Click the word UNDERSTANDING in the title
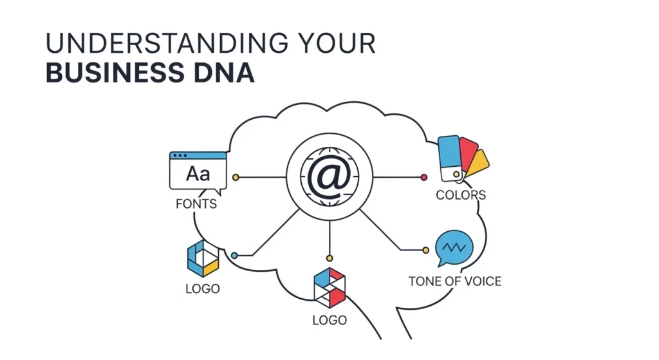(x=167, y=43)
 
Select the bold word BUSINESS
(x=115, y=72)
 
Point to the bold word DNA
(x=224, y=72)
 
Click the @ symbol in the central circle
(x=329, y=176)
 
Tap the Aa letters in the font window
(x=198, y=174)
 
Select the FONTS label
(x=196, y=204)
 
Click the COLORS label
(x=461, y=195)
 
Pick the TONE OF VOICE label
(x=455, y=281)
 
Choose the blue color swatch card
(x=450, y=158)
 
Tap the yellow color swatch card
(x=478, y=163)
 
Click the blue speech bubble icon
(x=454, y=247)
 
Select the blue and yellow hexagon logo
(x=203, y=258)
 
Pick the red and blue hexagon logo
(x=330, y=288)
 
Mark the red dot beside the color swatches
(x=423, y=178)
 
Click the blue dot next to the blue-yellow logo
(x=234, y=255)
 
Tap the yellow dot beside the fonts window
(x=236, y=178)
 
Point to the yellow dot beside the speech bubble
(x=426, y=251)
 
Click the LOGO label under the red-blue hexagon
(x=329, y=320)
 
